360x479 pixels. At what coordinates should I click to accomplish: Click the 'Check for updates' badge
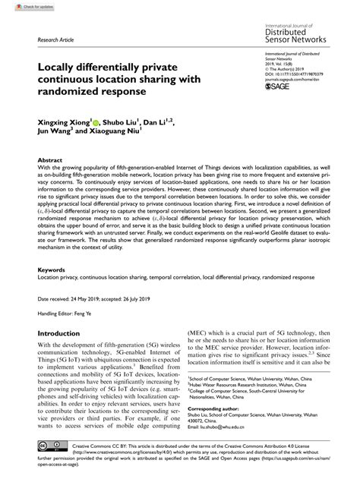(18, 6)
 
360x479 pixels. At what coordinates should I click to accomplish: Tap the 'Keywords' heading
(52, 269)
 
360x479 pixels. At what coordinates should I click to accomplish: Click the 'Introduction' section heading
(65, 333)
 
